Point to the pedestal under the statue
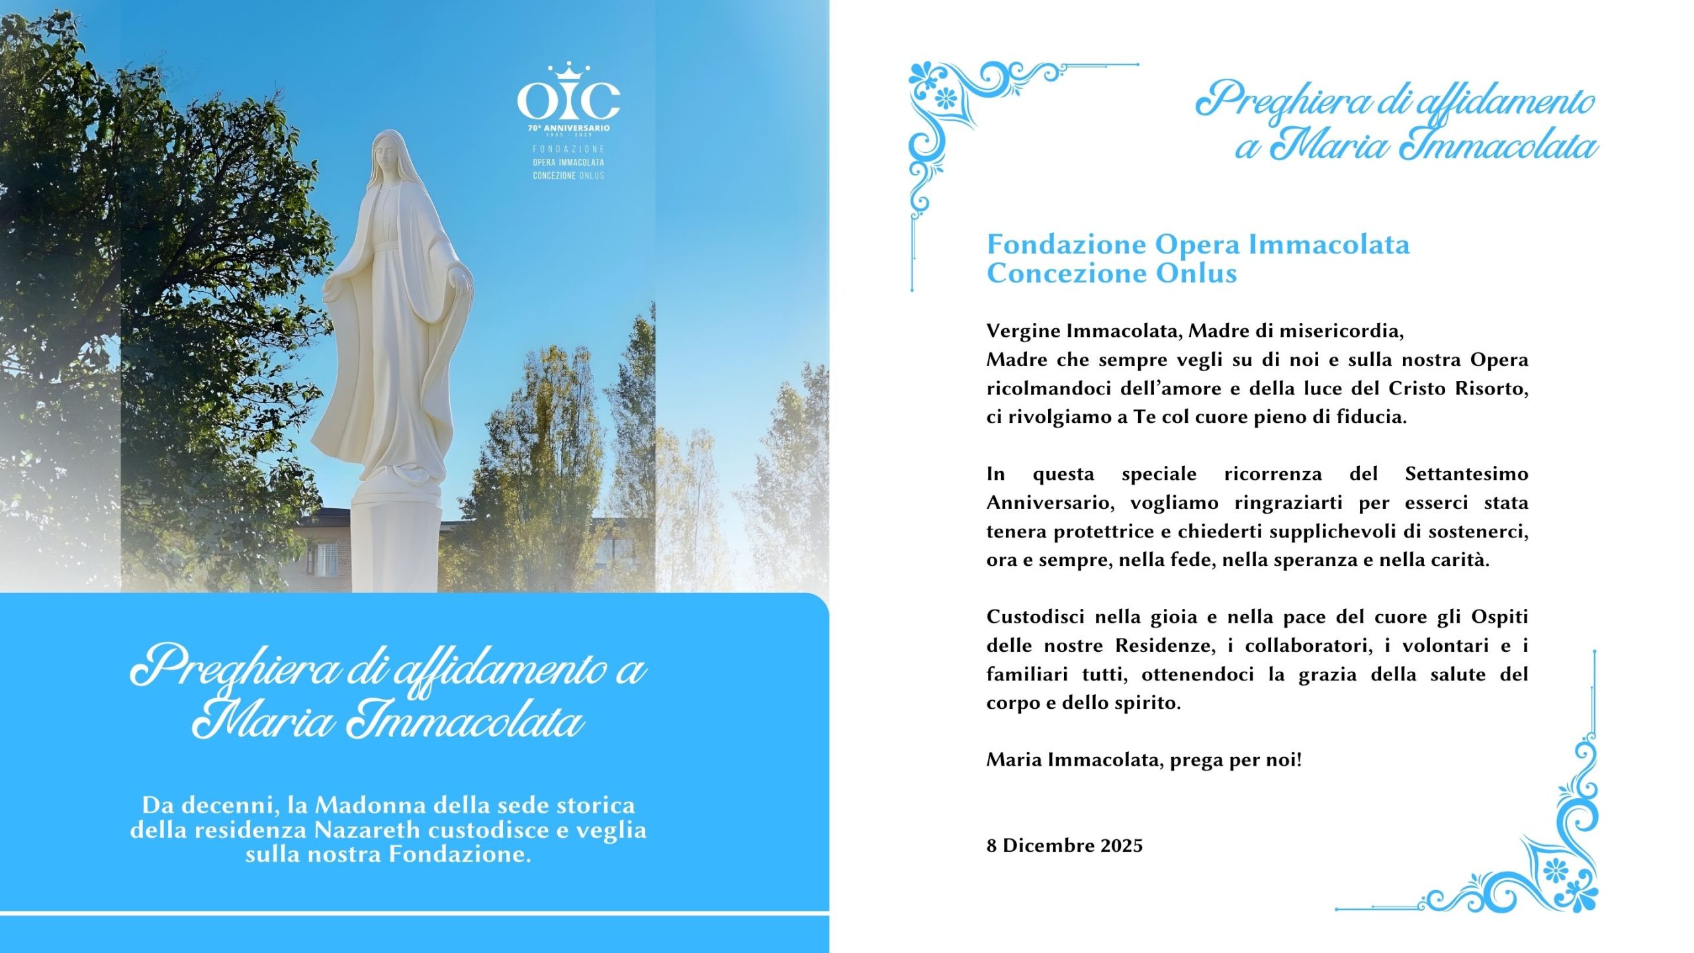coord(394,543)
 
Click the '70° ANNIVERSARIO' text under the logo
coord(568,128)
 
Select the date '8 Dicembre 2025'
coord(1064,846)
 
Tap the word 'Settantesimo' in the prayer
coord(1466,474)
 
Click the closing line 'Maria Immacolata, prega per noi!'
coord(1143,760)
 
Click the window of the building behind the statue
coord(326,558)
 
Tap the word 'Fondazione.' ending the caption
coord(460,854)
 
